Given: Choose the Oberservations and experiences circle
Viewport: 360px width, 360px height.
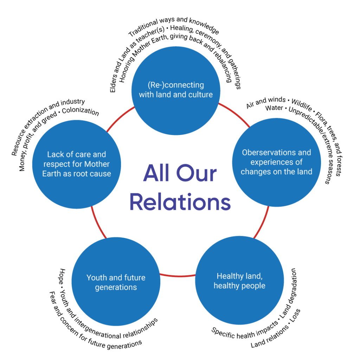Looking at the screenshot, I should coord(276,162).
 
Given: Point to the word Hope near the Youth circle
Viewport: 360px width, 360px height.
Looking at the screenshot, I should coord(62,275).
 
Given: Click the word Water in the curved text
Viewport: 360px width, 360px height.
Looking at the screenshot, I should coord(274,108).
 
